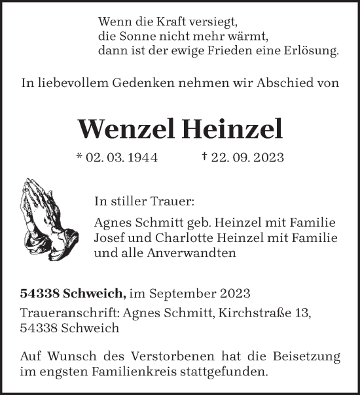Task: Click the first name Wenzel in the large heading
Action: (124, 129)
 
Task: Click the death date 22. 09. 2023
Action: (246, 159)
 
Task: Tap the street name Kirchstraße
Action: (256, 313)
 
